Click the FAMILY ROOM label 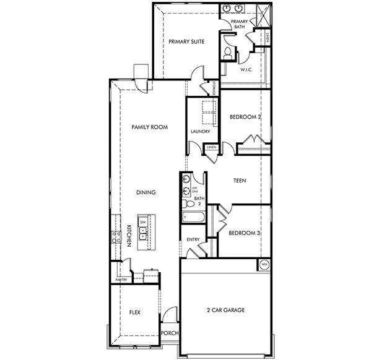click(150, 127)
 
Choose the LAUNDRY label click(200, 132)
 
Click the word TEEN click(240, 181)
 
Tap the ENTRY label click(192, 239)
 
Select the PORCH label click(170, 333)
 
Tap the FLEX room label click(134, 313)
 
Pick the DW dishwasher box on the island click(143, 222)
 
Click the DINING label click(145, 192)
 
